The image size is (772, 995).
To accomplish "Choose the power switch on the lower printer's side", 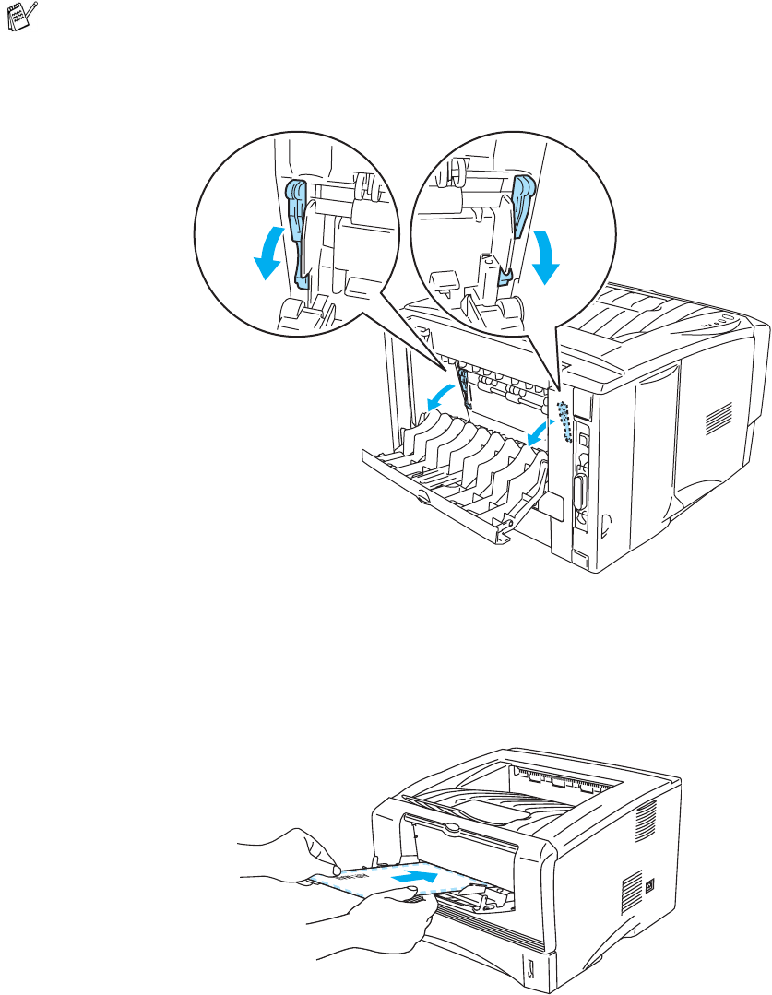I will click(650, 883).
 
